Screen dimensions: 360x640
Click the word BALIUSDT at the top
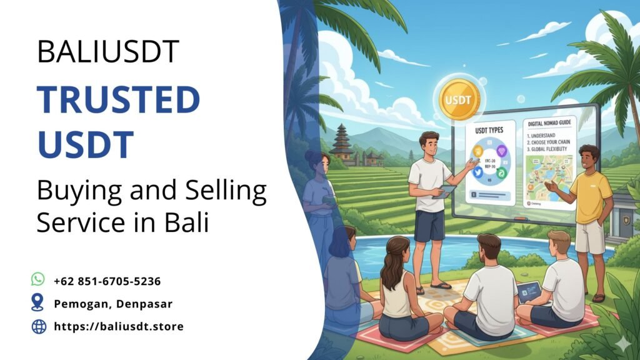click(108, 52)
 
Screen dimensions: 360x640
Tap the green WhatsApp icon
click(39, 279)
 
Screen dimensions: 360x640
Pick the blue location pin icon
click(38, 303)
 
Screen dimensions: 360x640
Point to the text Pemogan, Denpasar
click(113, 304)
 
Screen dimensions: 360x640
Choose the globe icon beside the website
click(39, 326)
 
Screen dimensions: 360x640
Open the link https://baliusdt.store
click(119, 326)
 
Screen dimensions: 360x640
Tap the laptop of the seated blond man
click(528, 292)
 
